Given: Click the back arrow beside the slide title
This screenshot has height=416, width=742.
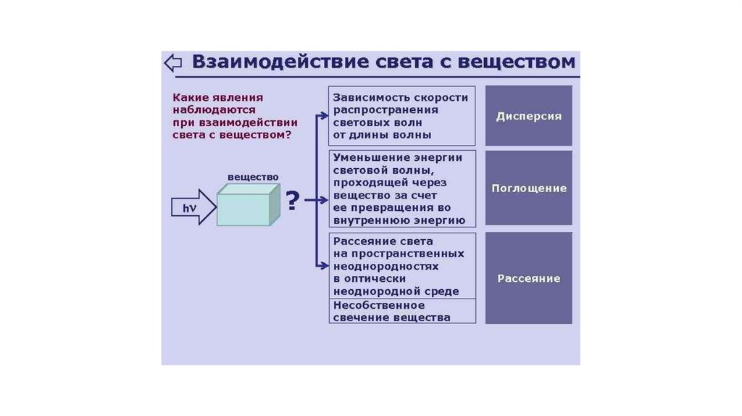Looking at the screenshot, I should click(172, 62).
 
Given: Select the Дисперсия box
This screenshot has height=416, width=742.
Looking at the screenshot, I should click(528, 116).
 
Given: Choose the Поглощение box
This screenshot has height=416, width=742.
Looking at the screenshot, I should click(528, 188).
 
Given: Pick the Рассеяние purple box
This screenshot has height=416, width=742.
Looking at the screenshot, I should click(528, 278).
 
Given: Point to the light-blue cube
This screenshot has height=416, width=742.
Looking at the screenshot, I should click(249, 206).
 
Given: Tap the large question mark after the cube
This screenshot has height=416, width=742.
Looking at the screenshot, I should click(293, 200).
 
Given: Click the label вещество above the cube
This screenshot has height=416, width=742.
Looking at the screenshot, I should click(253, 177).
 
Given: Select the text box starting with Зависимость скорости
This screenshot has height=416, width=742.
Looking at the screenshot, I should click(402, 116).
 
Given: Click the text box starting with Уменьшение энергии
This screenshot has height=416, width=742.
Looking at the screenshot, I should click(402, 188).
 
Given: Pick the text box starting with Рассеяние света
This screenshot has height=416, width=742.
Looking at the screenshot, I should click(402, 265).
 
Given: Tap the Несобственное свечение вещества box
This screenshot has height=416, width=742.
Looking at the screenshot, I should click(402, 311).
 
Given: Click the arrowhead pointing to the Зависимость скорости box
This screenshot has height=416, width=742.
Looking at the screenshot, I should click(325, 113).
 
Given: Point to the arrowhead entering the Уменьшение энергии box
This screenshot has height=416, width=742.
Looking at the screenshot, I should click(325, 199).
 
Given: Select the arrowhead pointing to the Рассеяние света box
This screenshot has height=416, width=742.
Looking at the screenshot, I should click(325, 265).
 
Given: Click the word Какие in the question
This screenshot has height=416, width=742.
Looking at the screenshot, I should click(188, 96).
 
